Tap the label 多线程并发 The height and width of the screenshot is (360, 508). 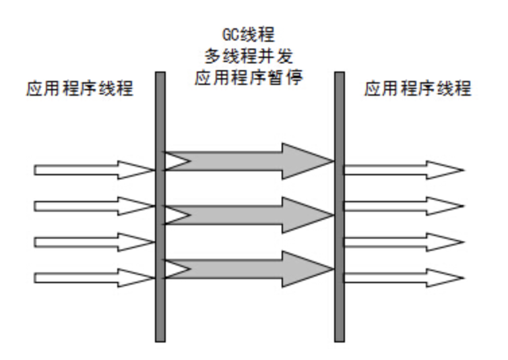pos(249,57)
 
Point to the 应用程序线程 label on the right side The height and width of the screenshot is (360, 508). pos(418,90)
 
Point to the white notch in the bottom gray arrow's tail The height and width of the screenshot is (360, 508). pos(172,268)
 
